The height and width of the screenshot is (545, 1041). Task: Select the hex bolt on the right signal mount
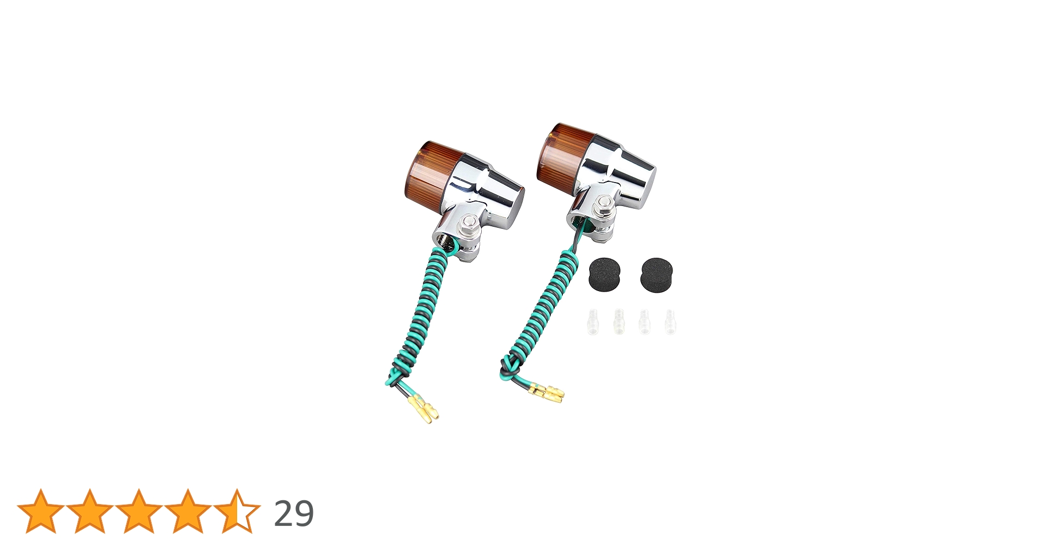click(603, 204)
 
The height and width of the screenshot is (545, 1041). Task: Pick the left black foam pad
click(604, 274)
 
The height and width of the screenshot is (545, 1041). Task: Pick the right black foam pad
click(656, 274)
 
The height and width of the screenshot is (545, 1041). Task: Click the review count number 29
click(294, 513)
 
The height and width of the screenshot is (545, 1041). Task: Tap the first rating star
click(40, 511)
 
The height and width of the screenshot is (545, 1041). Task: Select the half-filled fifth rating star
click(237, 511)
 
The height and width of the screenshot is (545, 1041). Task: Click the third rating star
click(138, 511)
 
